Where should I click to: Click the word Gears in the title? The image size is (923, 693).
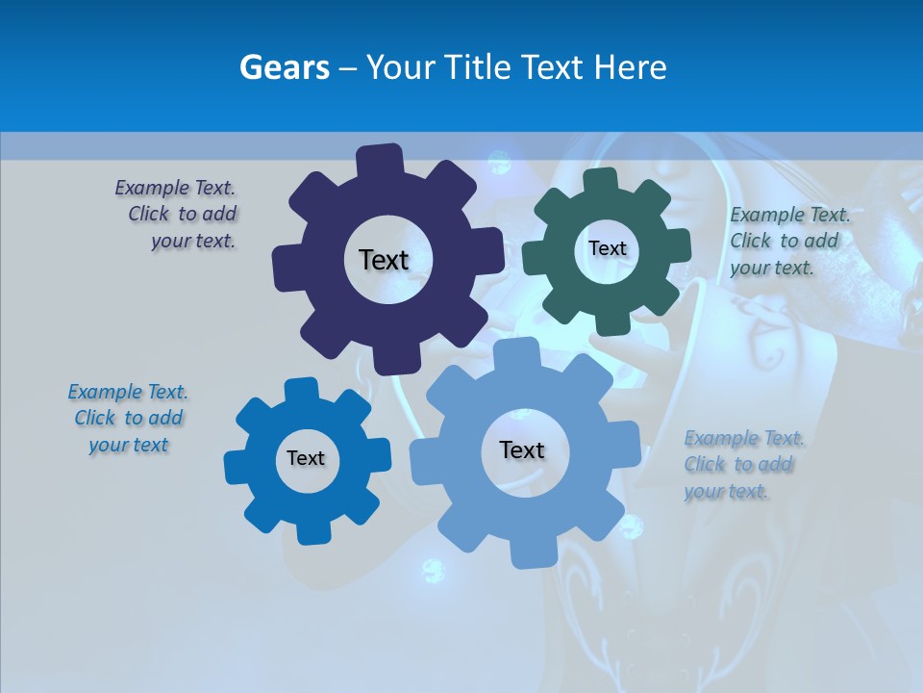tap(284, 67)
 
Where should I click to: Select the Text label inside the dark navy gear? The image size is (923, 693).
tap(384, 260)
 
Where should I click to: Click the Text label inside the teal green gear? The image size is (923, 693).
tap(607, 248)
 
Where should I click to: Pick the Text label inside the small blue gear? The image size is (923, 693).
tap(306, 458)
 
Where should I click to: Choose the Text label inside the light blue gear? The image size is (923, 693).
tap(522, 449)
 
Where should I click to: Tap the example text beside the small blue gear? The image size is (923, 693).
tap(129, 419)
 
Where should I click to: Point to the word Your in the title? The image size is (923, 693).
tap(400, 67)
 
